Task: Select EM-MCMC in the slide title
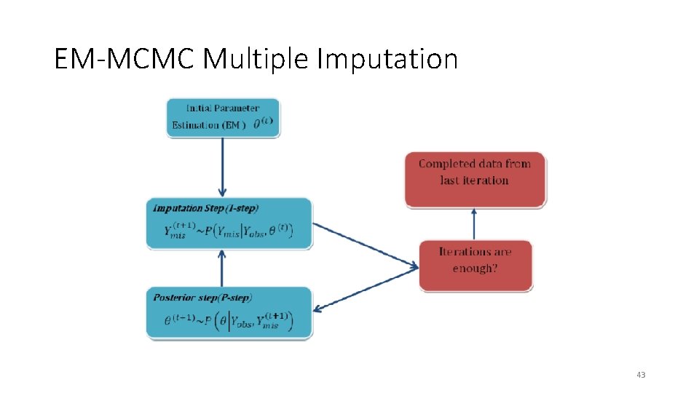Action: pos(125,59)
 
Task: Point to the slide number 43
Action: pos(640,375)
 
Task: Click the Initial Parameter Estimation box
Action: pos(223,117)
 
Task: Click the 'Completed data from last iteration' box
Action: pos(475,178)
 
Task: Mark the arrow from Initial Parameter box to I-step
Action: pos(223,167)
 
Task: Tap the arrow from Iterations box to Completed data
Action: pos(475,223)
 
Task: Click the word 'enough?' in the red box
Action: pos(475,269)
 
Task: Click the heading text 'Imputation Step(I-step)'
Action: pos(206,208)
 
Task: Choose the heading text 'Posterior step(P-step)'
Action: pos(203,297)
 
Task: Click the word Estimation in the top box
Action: pos(196,125)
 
